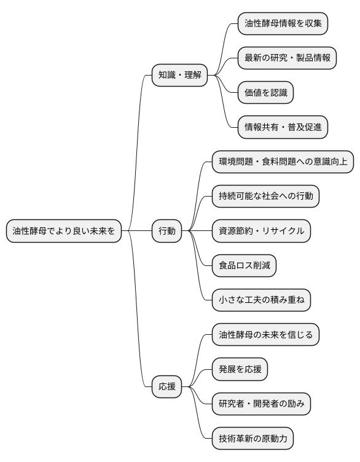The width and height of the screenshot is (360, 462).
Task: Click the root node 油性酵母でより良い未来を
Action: (x=64, y=232)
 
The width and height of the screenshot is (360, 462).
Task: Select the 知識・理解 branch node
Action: (x=179, y=76)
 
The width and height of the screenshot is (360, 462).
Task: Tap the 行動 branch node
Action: (x=167, y=232)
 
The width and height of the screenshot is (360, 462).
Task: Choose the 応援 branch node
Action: (x=167, y=387)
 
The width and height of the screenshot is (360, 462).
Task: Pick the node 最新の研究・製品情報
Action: (x=287, y=58)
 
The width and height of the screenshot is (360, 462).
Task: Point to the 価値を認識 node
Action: (x=265, y=93)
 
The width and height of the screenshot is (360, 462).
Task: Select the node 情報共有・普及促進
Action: (x=283, y=127)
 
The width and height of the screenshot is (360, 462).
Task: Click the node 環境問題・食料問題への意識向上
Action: (x=282, y=162)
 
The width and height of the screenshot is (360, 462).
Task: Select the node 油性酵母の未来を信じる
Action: (x=265, y=335)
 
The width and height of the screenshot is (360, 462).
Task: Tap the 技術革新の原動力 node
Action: (x=252, y=439)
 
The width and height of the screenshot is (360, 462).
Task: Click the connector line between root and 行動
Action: (x=137, y=232)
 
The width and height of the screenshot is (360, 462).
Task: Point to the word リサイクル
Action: (x=282, y=232)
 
